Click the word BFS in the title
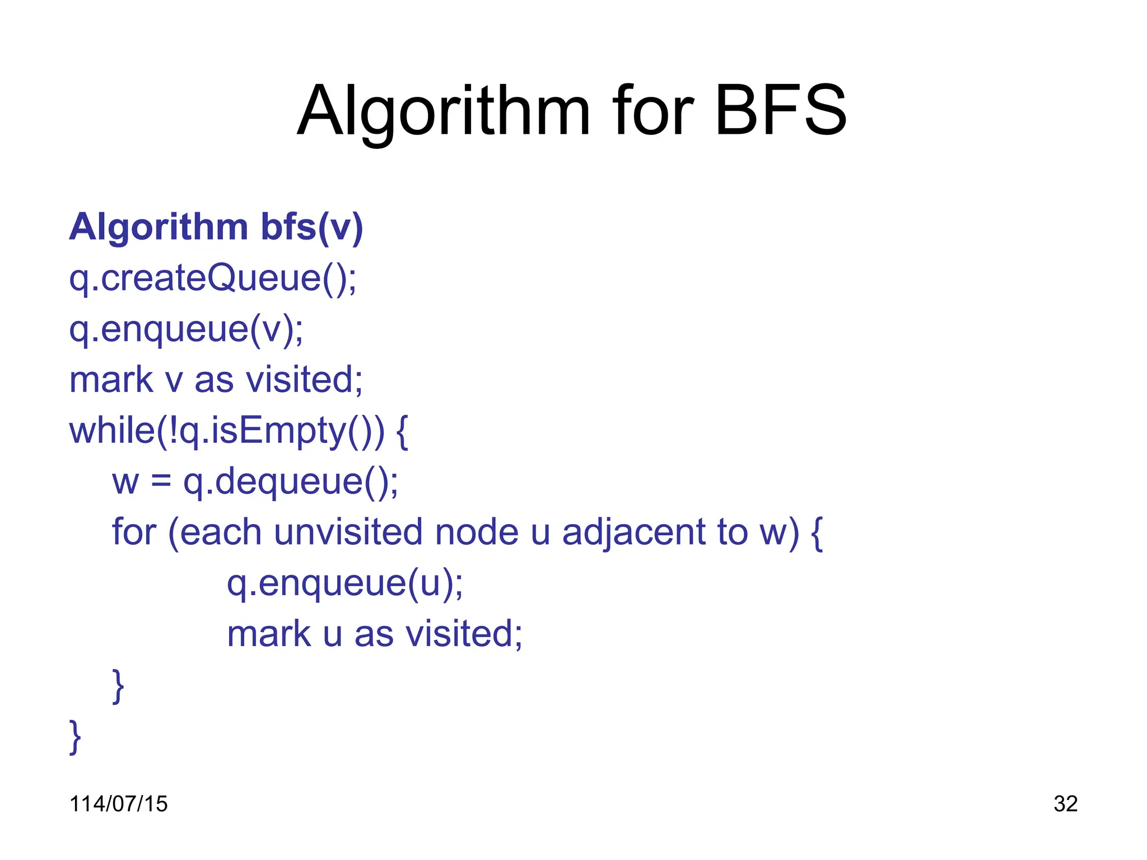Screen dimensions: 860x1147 pyautogui.click(x=781, y=111)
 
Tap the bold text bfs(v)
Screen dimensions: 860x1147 pyautogui.click(x=312, y=227)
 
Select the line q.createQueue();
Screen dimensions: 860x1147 pyautogui.click(x=213, y=278)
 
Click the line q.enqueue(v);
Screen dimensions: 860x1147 pyautogui.click(x=186, y=329)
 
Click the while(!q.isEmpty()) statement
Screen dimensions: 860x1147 pyautogui.click(x=227, y=431)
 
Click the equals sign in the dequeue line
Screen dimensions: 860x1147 pyautogui.click(x=161, y=482)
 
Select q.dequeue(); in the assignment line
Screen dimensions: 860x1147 pyautogui.click(x=291, y=482)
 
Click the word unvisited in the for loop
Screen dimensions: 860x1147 pyautogui.click(x=348, y=532)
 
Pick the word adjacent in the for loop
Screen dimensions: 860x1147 pyautogui.click(x=633, y=533)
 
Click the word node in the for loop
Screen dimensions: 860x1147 pyautogui.click(x=477, y=532)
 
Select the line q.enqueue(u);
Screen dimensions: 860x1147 pyautogui.click(x=345, y=584)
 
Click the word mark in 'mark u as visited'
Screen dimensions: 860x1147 pyautogui.click(x=268, y=634)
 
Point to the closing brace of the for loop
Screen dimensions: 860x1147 pyautogui.click(x=118, y=686)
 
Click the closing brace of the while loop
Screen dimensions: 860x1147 pyautogui.click(x=75, y=737)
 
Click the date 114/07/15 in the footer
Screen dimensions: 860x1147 pyautogui.click(x=118, y=804)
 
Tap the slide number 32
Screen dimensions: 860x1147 pyautogui.click(x=1065, y=804)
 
